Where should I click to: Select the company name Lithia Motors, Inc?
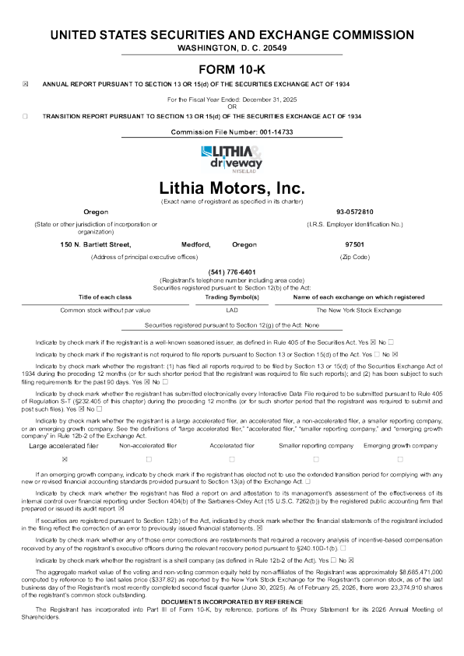(x=231, y=188)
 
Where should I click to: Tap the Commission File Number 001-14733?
(x=231, y=133)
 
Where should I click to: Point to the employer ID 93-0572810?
(x=355, y=211)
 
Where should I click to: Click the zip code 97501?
(x=355, y=244)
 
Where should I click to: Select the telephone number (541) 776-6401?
(x=231, y=271)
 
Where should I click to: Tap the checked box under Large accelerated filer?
(x=65, y=459)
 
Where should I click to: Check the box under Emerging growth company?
(x=400, y=459)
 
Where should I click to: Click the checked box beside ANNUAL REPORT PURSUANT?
(x=25, y=83)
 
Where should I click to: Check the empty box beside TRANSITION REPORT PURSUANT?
(x=25, y=115)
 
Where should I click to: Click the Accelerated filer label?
(x=232, y=445)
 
